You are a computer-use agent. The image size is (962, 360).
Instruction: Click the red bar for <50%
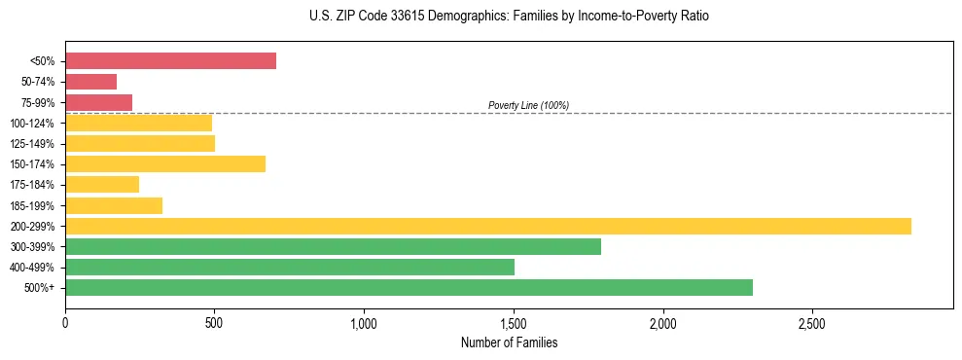tap(170, 61)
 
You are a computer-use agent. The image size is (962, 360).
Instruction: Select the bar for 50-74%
tap(90, 82)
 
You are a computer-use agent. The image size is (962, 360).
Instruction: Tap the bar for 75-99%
tap(98, 102)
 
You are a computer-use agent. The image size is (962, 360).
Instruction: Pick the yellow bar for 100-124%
tap(138, 123)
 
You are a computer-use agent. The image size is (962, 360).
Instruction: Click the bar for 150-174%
tap(165, 163)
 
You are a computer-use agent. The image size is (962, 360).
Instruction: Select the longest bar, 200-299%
tap(487, 226)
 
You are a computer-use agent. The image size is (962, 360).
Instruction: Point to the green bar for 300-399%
tap(333, 246)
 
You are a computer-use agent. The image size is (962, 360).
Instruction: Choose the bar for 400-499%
tap(289, 267)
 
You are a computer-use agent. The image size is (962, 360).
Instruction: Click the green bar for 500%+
tap(409, 287)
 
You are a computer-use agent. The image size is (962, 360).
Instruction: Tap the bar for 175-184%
tap(102, 184)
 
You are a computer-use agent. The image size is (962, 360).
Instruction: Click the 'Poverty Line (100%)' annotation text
tap(528, 105)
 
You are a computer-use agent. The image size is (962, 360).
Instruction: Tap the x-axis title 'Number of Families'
tap(509, 342)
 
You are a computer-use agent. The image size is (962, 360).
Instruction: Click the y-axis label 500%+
tap(39, 288)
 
